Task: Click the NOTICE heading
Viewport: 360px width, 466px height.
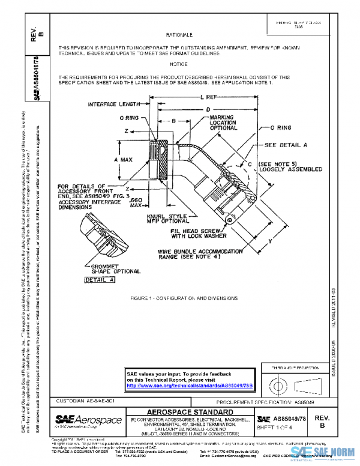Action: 179,64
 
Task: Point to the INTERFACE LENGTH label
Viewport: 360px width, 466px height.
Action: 114,104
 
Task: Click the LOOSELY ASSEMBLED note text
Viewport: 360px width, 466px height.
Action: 290,169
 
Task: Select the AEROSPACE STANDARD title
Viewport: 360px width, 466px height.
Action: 190,412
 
